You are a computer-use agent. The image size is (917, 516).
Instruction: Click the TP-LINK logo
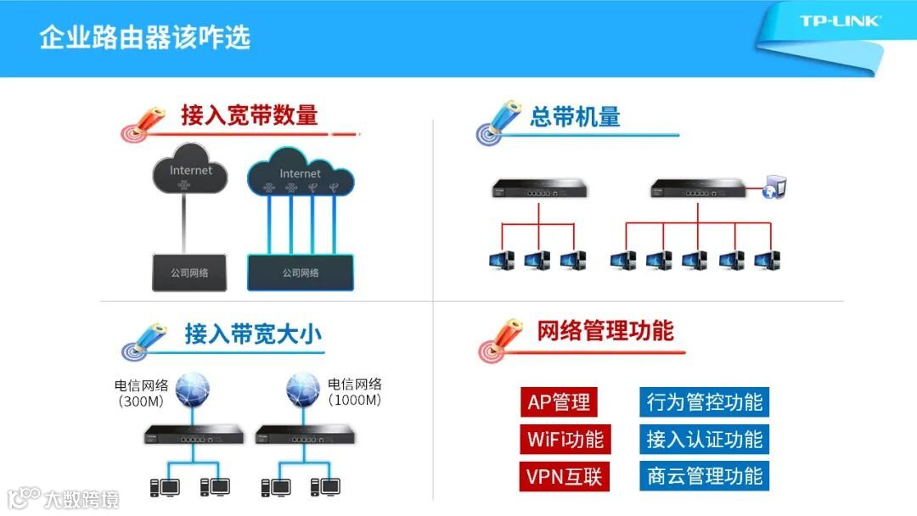[840, 21]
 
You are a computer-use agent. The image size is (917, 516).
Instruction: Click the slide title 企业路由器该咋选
[144, 38]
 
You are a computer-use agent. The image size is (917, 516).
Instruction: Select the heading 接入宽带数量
[249, 115]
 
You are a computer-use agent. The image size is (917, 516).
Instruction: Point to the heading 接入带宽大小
[253, 334]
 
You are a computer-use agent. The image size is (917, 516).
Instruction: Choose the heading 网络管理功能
[605, 330]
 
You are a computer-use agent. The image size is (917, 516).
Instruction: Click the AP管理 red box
[559, 401]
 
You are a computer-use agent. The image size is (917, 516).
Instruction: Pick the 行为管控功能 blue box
[704, 401]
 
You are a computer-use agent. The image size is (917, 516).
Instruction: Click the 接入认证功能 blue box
[704, 439]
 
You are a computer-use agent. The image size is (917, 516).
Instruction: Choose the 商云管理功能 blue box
[704, 476]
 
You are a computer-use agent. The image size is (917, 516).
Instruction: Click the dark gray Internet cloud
[191, 170]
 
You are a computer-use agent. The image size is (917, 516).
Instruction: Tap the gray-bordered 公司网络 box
[189, 272]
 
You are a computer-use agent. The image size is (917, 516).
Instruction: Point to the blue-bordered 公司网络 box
[301, 272]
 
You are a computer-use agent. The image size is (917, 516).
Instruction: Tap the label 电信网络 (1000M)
[355, 392]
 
